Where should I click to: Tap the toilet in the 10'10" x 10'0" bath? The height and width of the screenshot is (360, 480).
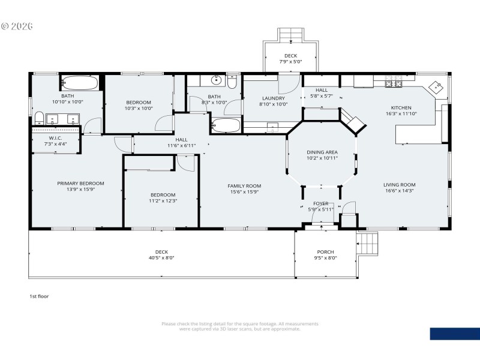38,117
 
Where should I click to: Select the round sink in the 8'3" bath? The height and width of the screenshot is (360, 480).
217,80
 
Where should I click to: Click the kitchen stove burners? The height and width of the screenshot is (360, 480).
393,81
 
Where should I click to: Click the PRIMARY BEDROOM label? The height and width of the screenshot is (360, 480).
80,184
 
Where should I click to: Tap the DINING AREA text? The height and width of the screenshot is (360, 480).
322,152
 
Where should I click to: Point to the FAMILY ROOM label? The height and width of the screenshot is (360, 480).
244,186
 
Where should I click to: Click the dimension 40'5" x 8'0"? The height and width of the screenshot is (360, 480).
161,258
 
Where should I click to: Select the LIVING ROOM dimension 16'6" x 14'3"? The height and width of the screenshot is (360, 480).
399,191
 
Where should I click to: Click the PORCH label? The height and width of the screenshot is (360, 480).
325,252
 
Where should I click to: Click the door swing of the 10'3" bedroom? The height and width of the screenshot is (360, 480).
163,124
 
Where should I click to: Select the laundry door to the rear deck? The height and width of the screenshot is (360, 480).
289,83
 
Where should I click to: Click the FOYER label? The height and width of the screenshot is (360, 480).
321,203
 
